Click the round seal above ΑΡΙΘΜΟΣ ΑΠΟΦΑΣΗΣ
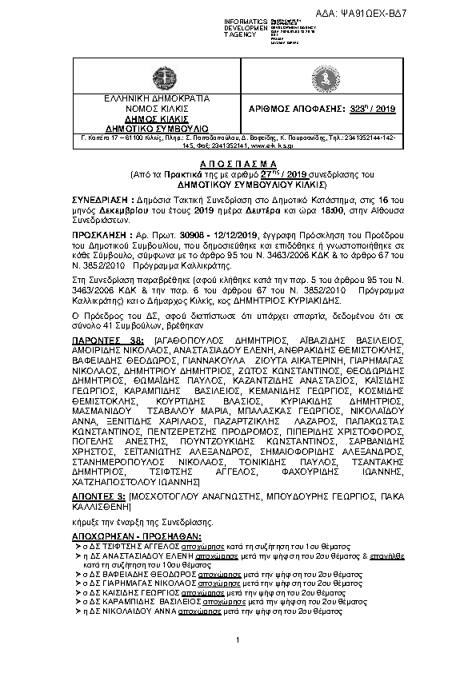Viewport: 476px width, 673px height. [x=327, y=79]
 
